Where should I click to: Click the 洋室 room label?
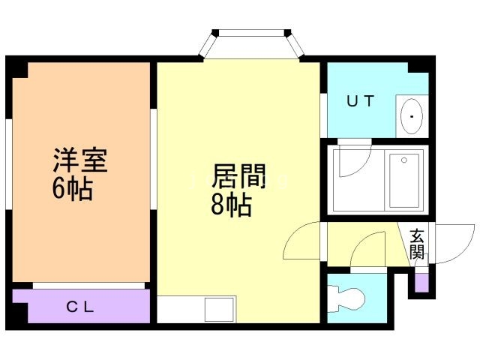click(x=80, y=160)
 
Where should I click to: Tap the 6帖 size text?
click(x=72, y=189)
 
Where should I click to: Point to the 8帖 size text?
click(x=230, y=205)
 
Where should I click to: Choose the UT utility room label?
click(x=360, y=101)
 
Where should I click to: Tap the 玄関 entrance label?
click(x=417, y=244)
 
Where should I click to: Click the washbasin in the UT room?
click(x=411, y=116)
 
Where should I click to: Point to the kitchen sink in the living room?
click(x=220, y=310)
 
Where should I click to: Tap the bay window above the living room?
click(x=252, y=45)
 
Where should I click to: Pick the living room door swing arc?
click(x=301, y=242)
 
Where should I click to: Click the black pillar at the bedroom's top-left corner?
click(x=18, y=69)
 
